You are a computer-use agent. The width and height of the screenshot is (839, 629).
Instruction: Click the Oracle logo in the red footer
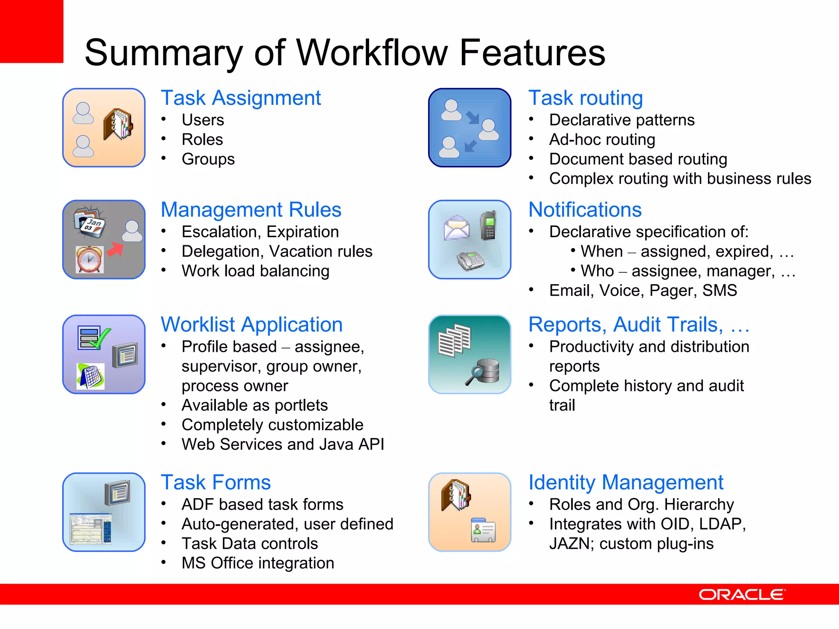click(742, 595)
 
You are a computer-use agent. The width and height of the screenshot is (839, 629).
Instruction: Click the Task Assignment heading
click(240, 98)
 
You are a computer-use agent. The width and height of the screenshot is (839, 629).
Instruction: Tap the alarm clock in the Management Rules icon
click(90, 260)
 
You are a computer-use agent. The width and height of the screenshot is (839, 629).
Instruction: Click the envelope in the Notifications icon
click(456, 228)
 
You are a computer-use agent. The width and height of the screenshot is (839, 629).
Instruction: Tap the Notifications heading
click(585, 210)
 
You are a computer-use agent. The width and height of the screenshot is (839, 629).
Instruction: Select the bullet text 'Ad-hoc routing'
click(602, 140)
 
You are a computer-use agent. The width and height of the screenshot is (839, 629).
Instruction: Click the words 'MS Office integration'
click(258, 563)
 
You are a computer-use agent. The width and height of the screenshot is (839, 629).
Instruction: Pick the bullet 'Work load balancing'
click(255, 271)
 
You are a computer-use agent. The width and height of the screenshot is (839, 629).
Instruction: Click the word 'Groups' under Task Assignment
click(208, 159)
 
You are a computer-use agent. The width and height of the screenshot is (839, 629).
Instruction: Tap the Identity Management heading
click(626, 483)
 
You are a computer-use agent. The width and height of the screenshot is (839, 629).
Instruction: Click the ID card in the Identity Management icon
click(483, 530)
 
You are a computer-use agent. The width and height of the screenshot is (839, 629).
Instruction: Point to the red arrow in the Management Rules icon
click(116, 249)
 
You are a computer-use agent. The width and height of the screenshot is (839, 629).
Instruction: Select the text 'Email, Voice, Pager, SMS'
click(643, 291)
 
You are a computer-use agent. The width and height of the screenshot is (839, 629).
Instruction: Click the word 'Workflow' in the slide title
click(372, 53)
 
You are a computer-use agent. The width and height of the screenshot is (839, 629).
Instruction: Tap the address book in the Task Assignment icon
click(118, 124)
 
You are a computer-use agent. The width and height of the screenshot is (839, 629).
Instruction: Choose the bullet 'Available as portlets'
click(254, 405)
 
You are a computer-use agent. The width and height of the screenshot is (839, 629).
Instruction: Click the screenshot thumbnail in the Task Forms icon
click(90, 529)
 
